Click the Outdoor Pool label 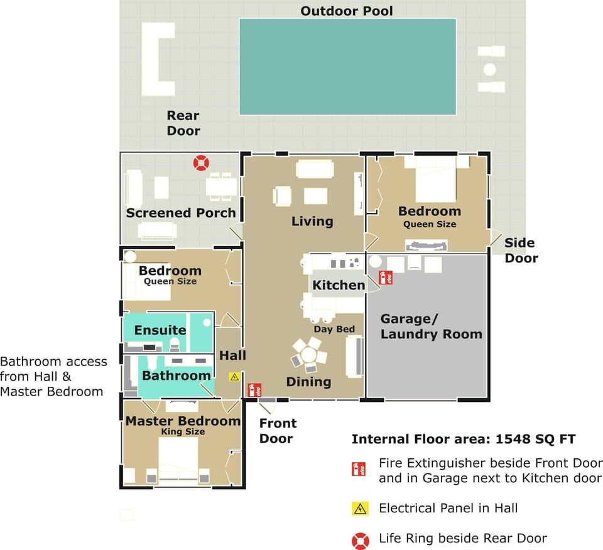pos(347,11)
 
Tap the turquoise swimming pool pos(347,67)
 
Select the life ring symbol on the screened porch pos(201,163)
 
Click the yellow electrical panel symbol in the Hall pos(234,377)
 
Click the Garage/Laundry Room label pos(431,326)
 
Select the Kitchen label pos(339,285)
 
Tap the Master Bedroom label pos(183,421)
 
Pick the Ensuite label pos(160,330)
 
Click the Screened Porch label pos(181,213)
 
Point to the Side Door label pos(521,250)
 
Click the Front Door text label pos(278,431)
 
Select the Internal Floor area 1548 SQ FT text pos(464,439)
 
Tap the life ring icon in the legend pos(360,539)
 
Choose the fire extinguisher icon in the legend pos(359,469)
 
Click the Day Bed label pos(334,329)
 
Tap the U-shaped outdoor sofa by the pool pos(156,59)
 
